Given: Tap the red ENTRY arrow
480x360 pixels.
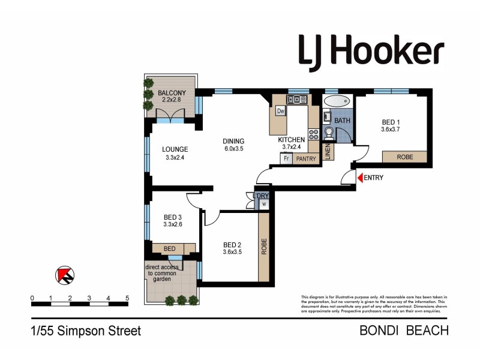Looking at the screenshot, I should point(359,178).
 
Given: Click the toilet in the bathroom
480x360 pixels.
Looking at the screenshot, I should point(328,133).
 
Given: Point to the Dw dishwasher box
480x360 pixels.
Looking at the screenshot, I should point(280,111).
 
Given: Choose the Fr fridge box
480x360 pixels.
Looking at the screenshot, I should point(287,159).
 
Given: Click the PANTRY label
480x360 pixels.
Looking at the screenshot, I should point(306,159).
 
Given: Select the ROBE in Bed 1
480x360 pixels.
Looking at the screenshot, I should point(404,157).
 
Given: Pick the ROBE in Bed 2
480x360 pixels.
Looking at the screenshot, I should point(263,247).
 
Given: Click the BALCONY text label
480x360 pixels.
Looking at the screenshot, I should point(172,93).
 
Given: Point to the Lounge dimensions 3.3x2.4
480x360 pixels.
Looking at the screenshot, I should point(175,159).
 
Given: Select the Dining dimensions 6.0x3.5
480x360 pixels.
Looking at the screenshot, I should point(234,149).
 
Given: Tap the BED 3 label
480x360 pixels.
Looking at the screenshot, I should point(172,218).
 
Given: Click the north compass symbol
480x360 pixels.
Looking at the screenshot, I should point(65,275).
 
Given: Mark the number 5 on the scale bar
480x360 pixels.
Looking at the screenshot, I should point(127,298).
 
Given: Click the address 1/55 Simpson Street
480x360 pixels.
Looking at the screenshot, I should point(86,331).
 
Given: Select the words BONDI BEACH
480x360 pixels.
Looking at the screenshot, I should point(404,331).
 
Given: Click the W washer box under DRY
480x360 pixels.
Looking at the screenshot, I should point(263,204).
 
